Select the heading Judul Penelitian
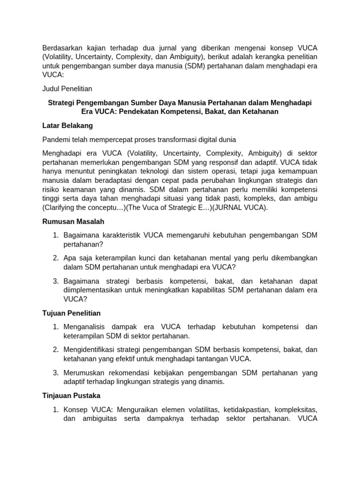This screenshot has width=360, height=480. tap(67, 88)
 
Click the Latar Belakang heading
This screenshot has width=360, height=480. tap(67, 126)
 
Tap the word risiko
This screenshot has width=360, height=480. tap(52, 190)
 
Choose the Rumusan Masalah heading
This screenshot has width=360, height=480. tap(73, 221)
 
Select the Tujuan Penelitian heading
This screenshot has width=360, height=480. tap(71, 313)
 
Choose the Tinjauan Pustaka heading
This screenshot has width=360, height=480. tap(71, 396)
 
